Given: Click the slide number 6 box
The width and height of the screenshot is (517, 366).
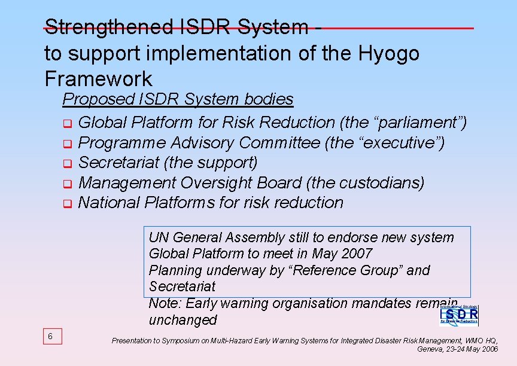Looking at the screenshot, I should (50, 337).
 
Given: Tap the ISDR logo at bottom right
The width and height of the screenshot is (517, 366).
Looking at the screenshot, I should (459, 315).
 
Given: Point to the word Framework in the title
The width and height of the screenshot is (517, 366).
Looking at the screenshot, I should (98, 78).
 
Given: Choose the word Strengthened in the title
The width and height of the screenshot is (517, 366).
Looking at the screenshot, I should (108, 27).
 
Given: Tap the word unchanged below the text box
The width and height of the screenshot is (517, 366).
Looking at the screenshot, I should (183, 320).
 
